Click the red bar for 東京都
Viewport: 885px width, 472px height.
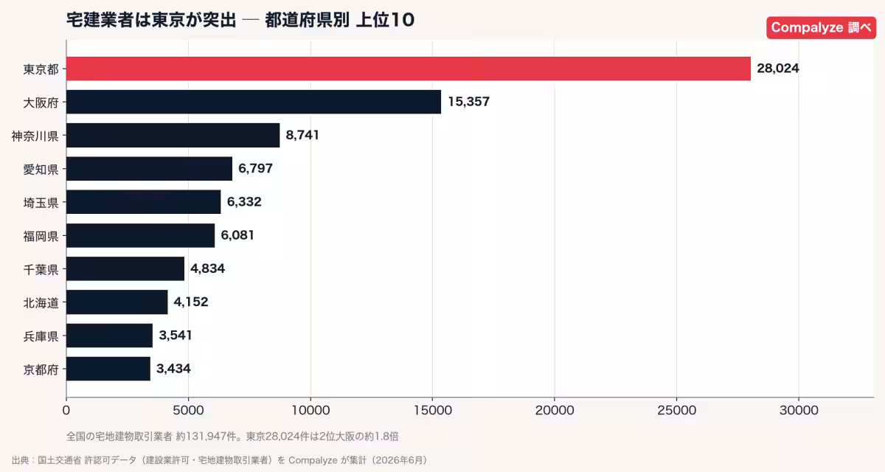click(x=409, y=69)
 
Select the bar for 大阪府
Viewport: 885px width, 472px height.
click(x=254, y=102)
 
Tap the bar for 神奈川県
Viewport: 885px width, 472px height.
click(x=173, y=135)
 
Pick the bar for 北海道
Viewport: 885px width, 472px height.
click(x=117, y=302)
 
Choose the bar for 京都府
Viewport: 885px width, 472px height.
click(x=108, y=369)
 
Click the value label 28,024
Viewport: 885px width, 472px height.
click(x=778, y=69)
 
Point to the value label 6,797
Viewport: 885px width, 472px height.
click(x=256, y=169)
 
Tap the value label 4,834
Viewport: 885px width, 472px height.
click(x=208, y=269)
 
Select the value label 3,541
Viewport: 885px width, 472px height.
click(x=176, y=336)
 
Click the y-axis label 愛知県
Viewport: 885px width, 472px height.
click(x=41, y=170)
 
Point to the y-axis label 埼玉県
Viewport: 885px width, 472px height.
click(x=41, y=203)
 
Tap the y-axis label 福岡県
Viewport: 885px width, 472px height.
click(x=41, y=237)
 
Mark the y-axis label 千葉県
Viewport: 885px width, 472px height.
click(x=41, y=270)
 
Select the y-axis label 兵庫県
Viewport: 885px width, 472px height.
click(x=41, y=336)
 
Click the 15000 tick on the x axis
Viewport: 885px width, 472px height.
click(x=433, y=410)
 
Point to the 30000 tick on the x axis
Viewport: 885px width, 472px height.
click(x=799, y=410)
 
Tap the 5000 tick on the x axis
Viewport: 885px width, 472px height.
click(x=189, y=410)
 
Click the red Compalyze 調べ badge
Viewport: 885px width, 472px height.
click(x=822, y=27)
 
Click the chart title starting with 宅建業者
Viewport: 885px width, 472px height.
click(x=240, y=20)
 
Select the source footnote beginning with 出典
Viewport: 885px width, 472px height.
click(x=220, y=460)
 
